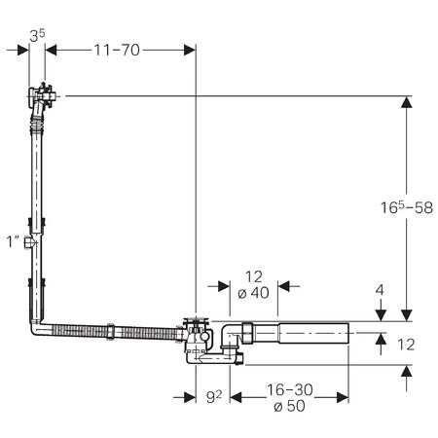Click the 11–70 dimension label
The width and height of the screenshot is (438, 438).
click(x=117, y=51)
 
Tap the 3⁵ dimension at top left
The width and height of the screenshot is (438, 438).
click(x=37, y=36)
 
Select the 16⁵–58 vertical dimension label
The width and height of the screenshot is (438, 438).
click(x=407, y=207)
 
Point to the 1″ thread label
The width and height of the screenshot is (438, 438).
click(x=14, y=241)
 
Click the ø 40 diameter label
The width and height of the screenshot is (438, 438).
click(x=253, y=293)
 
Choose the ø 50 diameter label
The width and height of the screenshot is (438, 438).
click(x=289, y=406)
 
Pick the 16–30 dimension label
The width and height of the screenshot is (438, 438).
click(x=290, y=390)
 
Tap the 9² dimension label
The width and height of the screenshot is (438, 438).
click(x=214, y=396)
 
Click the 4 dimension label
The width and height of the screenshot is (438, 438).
click(x=380, y=290)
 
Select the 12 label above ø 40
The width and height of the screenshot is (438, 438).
click(x=254, y=277)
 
